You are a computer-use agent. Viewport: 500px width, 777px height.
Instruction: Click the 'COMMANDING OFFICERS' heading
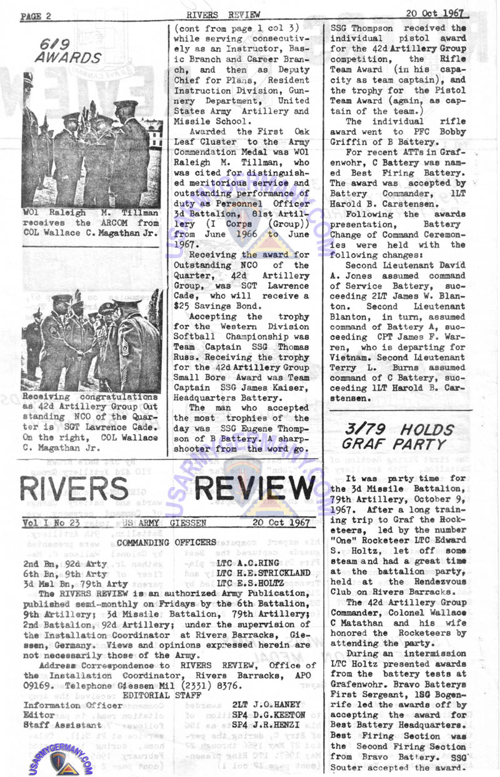point(167,542)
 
